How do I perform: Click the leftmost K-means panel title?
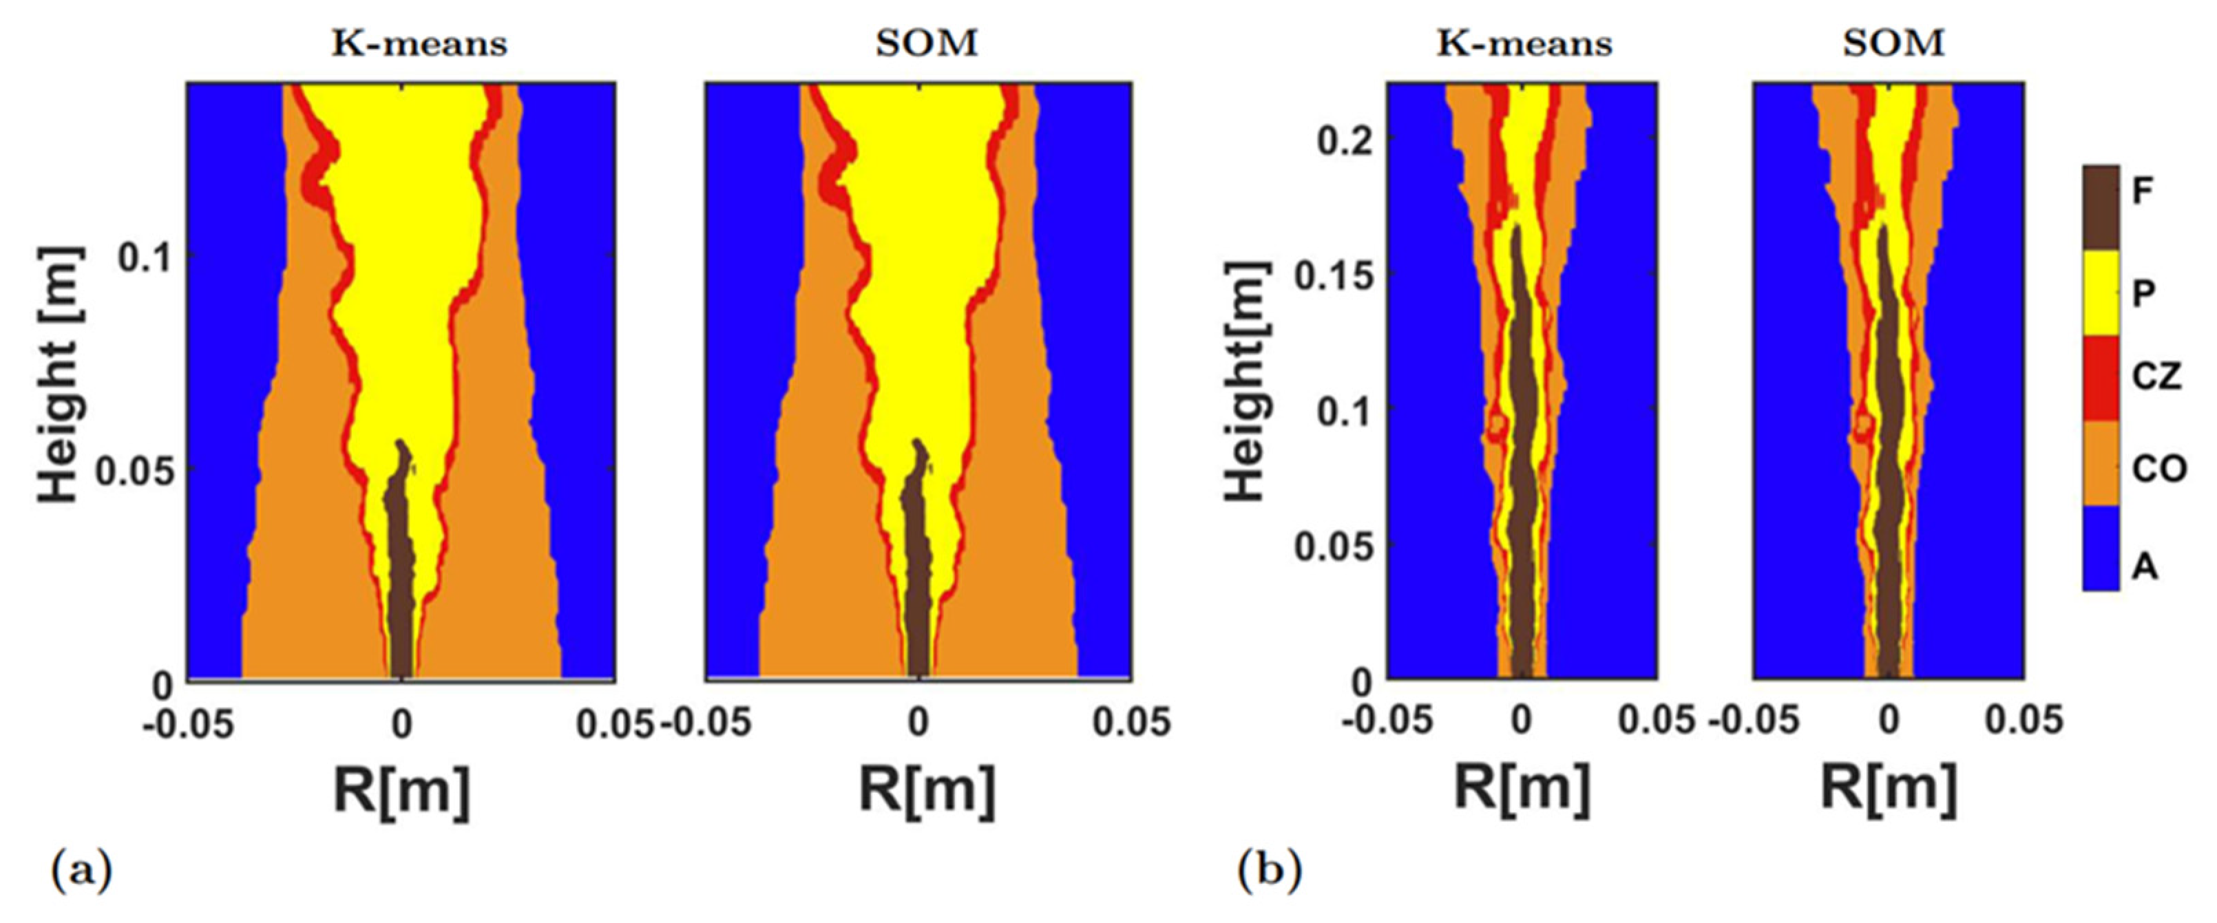click(x=419, y=43)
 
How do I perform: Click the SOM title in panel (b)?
click(x=1893, y=43)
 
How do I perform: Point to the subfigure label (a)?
click(x=83, y=872)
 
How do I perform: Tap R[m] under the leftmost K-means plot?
click(x=401, y=789)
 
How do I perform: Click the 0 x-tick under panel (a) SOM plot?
click(x=918, y=723)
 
